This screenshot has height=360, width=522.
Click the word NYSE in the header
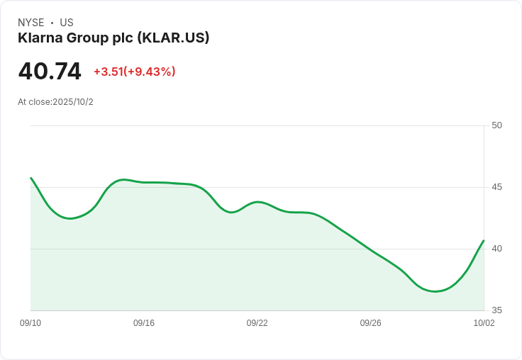click(x=31, y=23)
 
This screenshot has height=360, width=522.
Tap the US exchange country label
click(x=67, y=23)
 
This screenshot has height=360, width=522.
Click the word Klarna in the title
click(x=40, y=38)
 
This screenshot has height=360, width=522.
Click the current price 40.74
click(x=50, y=72)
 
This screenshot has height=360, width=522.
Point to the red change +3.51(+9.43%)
click(x=135, y=72)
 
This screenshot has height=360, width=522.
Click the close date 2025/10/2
click(x=73, y=102)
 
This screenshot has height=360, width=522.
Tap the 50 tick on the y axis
click(x=496, y=125)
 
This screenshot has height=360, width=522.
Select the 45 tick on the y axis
click(x=496, y=187)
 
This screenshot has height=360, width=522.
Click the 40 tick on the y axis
click(x=496, y=249)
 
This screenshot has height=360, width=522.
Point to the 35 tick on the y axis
click(x=496, y=310)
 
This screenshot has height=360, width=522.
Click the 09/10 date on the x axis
click(x=30, y=323)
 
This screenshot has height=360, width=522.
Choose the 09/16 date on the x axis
click(x=144, y=323)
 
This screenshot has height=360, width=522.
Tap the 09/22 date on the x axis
click(x=257, y=323)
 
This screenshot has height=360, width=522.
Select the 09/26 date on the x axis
click(x=370, y=323)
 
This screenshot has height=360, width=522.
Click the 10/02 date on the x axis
click(x=484, y=323)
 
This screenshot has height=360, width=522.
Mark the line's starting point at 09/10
click(x=31, y=178)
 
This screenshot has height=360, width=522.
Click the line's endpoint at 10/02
click(x=484, y=240)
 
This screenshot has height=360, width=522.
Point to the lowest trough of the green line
click(x=435, y=291)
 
